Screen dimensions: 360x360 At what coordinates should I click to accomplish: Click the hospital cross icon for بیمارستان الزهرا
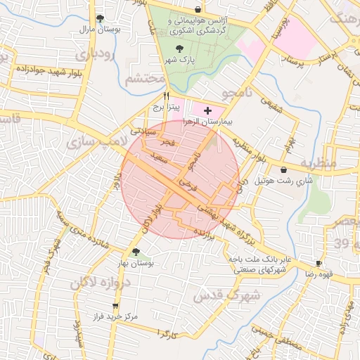pyautogui.click(x=207, y=111)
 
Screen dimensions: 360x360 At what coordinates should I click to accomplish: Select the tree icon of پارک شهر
pyautogui.click(x=180, y=49)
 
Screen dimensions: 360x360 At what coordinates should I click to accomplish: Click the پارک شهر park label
pyautogui.click(x=180, y=60)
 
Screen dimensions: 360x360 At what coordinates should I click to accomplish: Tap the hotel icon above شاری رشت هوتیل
pyautogui.click(x=283, y=169)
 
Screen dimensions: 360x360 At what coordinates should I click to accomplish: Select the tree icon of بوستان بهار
pyautogui.click(x=136, y=251)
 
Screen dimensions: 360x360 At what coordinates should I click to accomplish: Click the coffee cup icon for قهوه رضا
pyautogui.click(x=318, y=262)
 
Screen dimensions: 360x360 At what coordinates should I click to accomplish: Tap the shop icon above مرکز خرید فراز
pyautogui.click(x=115, y=306)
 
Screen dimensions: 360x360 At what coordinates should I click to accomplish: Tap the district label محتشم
pyautogui.click(x=146, y=79)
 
